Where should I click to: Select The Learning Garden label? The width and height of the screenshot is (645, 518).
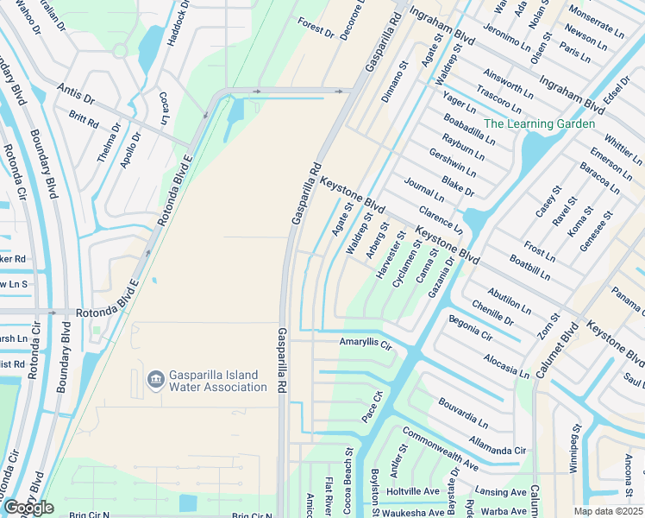(x=539, y=123)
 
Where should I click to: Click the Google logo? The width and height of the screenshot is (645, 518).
(x=28, y=508)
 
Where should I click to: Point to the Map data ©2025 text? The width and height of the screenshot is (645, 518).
(x=608, y=511)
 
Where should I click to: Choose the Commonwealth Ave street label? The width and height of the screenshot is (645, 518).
(x=440, y=450)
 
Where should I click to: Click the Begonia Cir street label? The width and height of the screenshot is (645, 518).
(x=470, y=328)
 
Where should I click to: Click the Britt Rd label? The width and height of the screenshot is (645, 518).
(x=84, y=119)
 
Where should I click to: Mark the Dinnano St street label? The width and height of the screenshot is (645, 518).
(x=394, y=83)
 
